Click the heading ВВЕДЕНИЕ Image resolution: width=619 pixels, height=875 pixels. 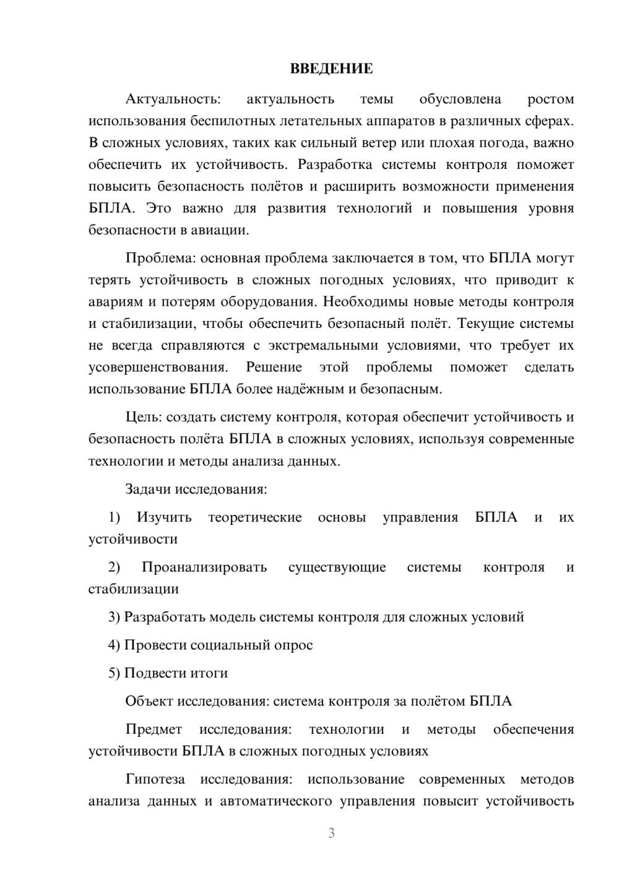coord(331,69)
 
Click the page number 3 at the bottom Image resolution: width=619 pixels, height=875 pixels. coord(331,834)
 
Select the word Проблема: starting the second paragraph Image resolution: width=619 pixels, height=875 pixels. coord(161,258)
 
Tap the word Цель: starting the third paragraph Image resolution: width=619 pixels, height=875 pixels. coord(143,417)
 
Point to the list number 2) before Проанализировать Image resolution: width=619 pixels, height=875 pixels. coord(114,567)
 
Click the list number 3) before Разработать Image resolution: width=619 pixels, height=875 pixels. coord(114,617)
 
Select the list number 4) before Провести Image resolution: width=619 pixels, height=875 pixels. coord(114,645)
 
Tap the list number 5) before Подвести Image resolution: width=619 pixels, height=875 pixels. coord(114,673)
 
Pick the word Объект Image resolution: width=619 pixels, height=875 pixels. coord(149,701)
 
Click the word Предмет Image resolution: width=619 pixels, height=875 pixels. coord(154,729)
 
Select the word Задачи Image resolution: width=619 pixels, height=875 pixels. coord(147,489)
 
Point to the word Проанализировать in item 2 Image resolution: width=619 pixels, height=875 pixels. coord(204,567)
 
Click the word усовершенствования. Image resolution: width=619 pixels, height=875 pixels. coord(158,368)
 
